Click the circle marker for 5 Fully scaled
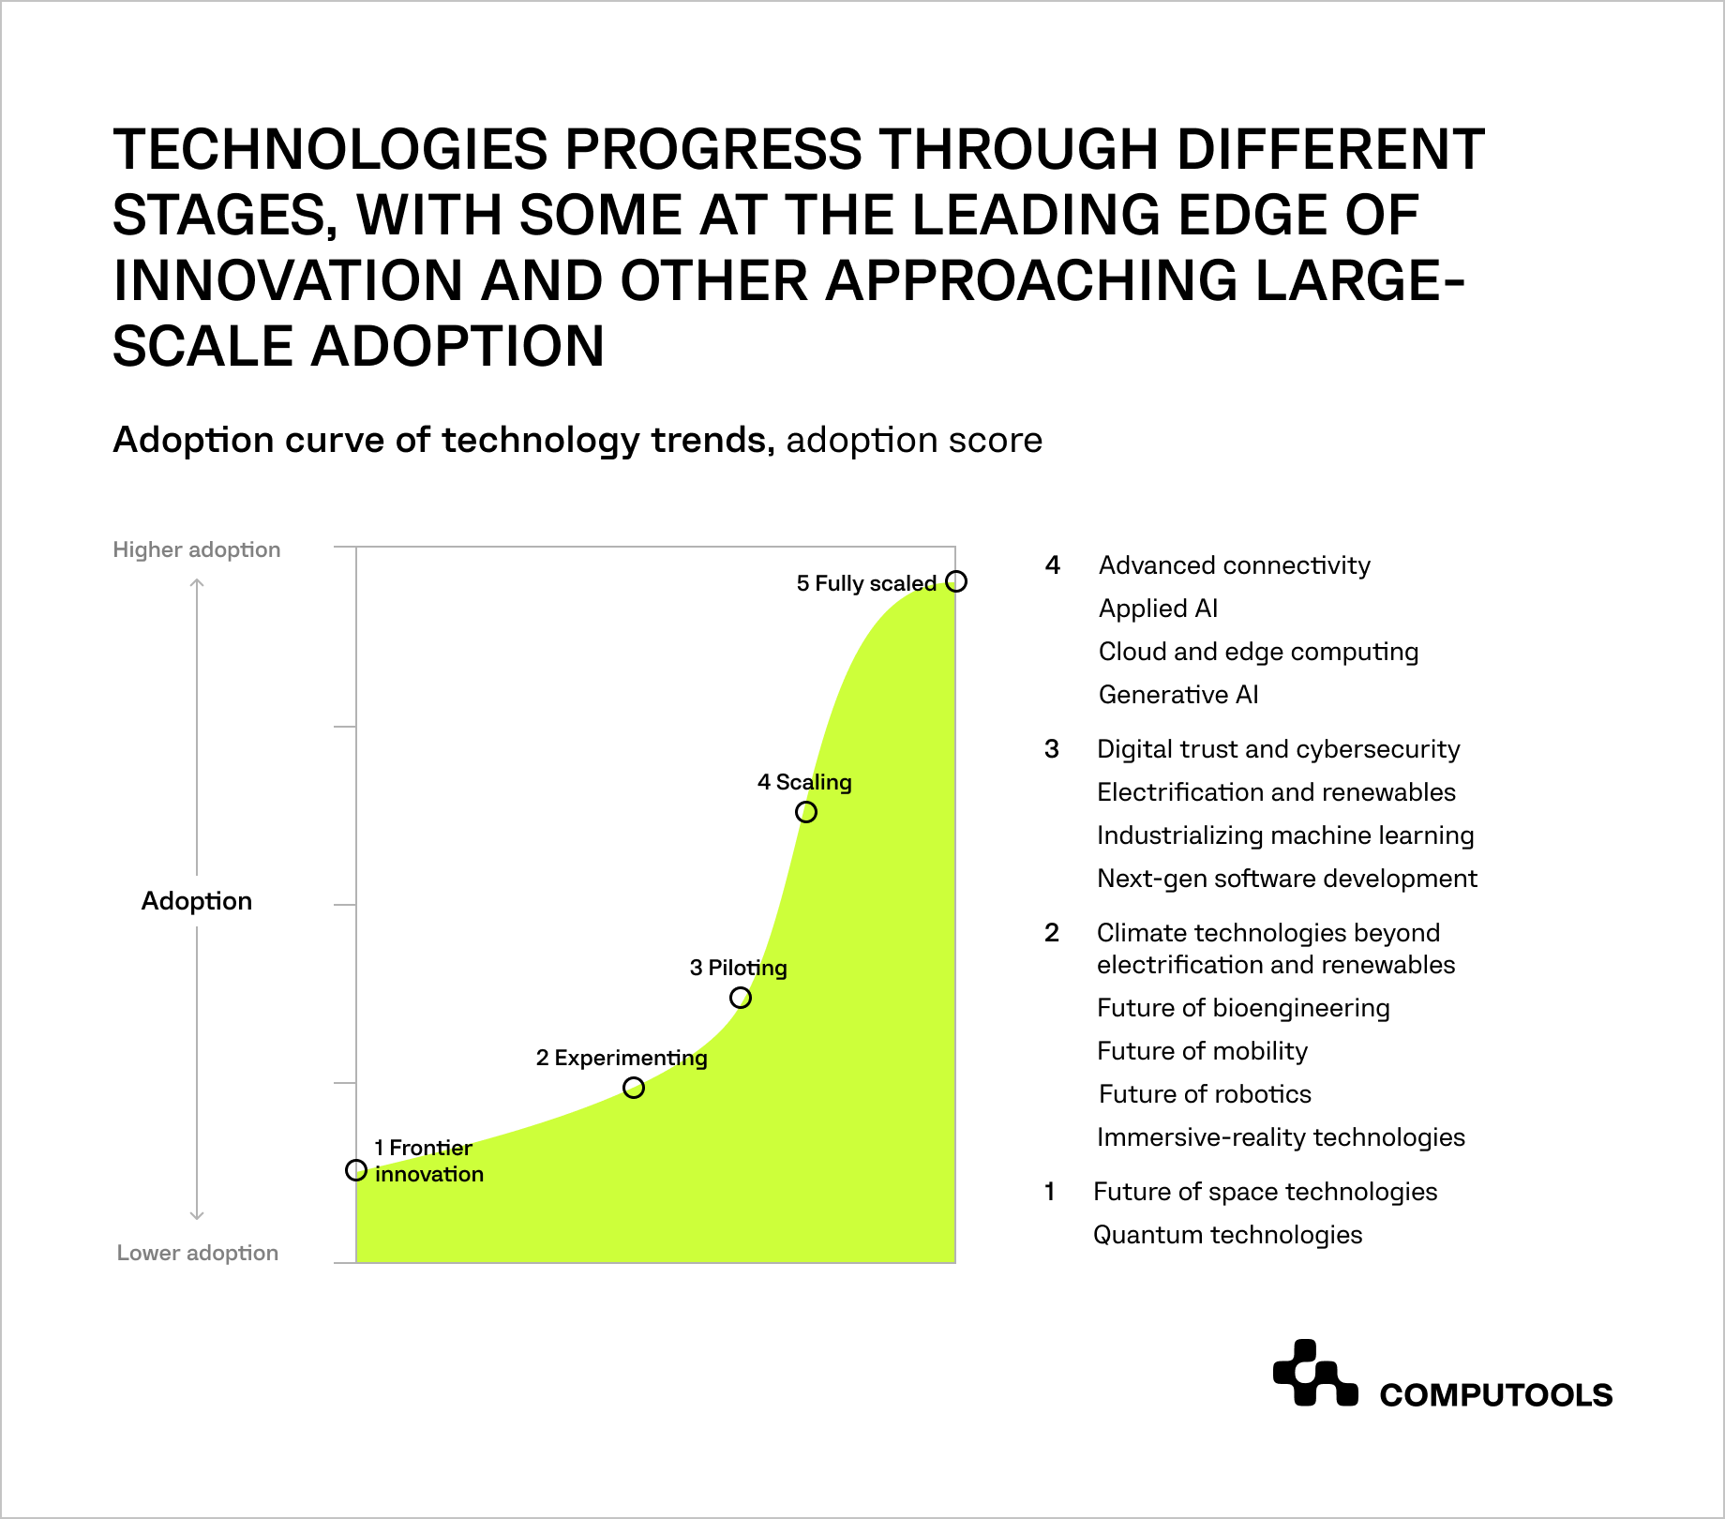click(x=955, y=581)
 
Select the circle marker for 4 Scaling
click(x=805, y=812)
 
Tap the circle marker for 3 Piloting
click(x=740, y=998)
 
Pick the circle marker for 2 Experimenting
click(x=634, y=1088)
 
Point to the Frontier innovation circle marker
click(x=356, y=1170)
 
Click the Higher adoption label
click(x=197, y=549)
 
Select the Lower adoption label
click(x=197, y=1253)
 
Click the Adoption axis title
click(x=197, y=901)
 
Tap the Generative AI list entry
click(x=1177, y=695)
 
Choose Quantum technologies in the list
click(x=1227, y=1235)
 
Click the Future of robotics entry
click(x=1205, y=1094)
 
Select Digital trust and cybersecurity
click(x=1278, y=749)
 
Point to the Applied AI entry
click(x=1158, y=609)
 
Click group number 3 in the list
click(x=1052, y=749)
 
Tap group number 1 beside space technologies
click(x=1050, y=1192)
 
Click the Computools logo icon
click(x=1314, y=1374)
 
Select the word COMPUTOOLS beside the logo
click(x=1495, y=1395)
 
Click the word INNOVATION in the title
click(x=288, y=280)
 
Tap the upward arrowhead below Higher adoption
click(x=197, y=584)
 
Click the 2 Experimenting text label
click(x=622, y=1058)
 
